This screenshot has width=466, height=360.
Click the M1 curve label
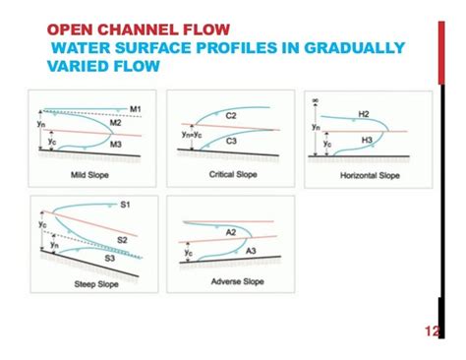point(136,107)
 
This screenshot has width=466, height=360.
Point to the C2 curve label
point(232,115)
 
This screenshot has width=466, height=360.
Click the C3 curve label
point(232,142)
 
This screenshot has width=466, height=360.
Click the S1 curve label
point(126,205)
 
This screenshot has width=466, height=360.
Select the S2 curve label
point(123,239)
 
